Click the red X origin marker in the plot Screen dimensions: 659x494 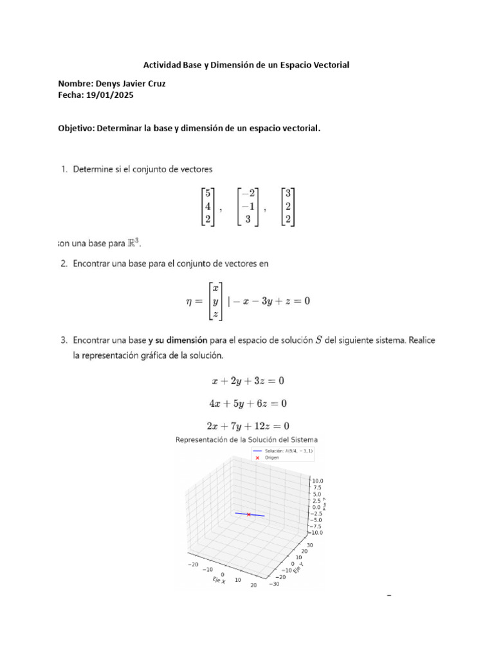click(248, 514)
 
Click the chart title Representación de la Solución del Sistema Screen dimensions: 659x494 click(247, 440)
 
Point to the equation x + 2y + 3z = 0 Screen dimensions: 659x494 click(248, 381)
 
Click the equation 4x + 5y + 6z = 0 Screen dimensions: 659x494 click(248, 404)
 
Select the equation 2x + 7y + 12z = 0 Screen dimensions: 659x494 click(248, 425)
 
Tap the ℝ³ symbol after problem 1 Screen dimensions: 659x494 click(131, 243)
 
